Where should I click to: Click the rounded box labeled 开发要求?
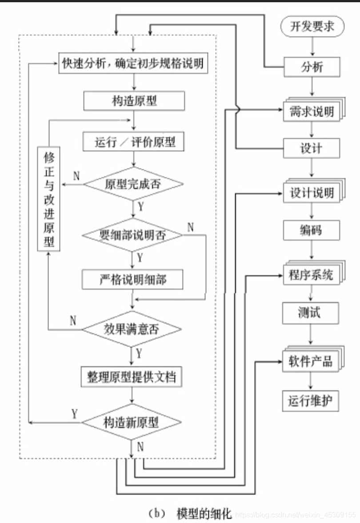point(312,27)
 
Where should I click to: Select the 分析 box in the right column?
point(312,68)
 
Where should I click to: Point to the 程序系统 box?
point(311,275)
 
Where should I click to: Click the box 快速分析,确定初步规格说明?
point(134,64)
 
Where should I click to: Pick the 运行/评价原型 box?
point(134,142)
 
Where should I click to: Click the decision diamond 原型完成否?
point(133,184)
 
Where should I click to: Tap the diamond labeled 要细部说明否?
point(133,235)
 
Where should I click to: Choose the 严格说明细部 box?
point(132,279)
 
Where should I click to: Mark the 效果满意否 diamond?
point(132,329)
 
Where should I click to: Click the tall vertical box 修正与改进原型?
point(48,199)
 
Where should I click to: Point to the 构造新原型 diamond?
point(131,422)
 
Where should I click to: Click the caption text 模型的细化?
point(204,514)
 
